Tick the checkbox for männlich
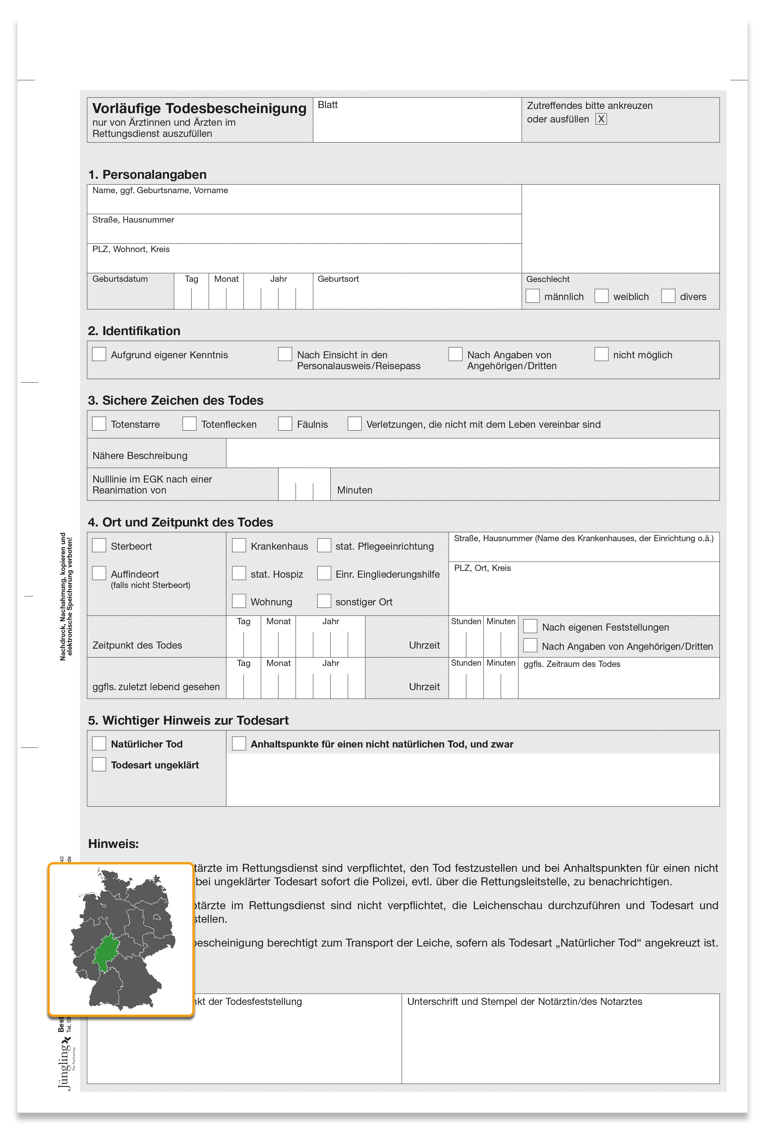(x=533, y=296)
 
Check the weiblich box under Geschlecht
(x=602, y=296)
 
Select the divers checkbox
(x=668, y=296)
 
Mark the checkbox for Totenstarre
(x=99, y=423)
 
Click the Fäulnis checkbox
(x=285, y=423)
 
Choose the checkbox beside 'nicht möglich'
(x=602, y=354)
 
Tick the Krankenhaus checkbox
(x=239, y=546)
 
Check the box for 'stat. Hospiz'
(x=239, y=573)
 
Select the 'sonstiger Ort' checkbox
(x=324, y=601)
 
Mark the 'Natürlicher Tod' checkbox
(x=99, y=743)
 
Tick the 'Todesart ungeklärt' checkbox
(x=99, y=764)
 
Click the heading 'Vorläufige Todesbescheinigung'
(x=199, y=108)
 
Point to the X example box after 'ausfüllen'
(x=601, y=119)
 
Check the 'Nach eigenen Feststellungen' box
(x=530, y=626)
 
